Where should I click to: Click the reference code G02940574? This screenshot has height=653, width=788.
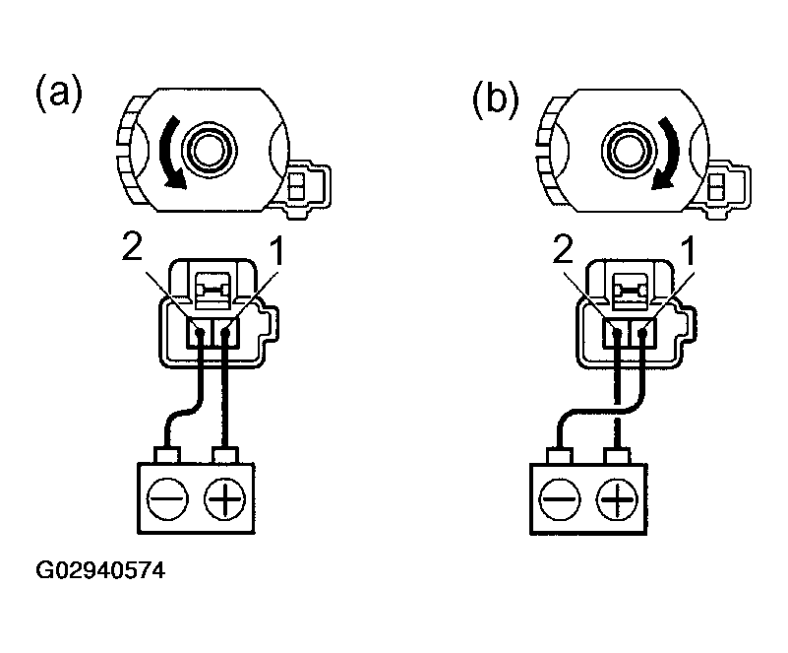click(x=100, y=570)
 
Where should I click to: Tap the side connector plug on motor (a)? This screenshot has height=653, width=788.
click(x=307, y=185)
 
